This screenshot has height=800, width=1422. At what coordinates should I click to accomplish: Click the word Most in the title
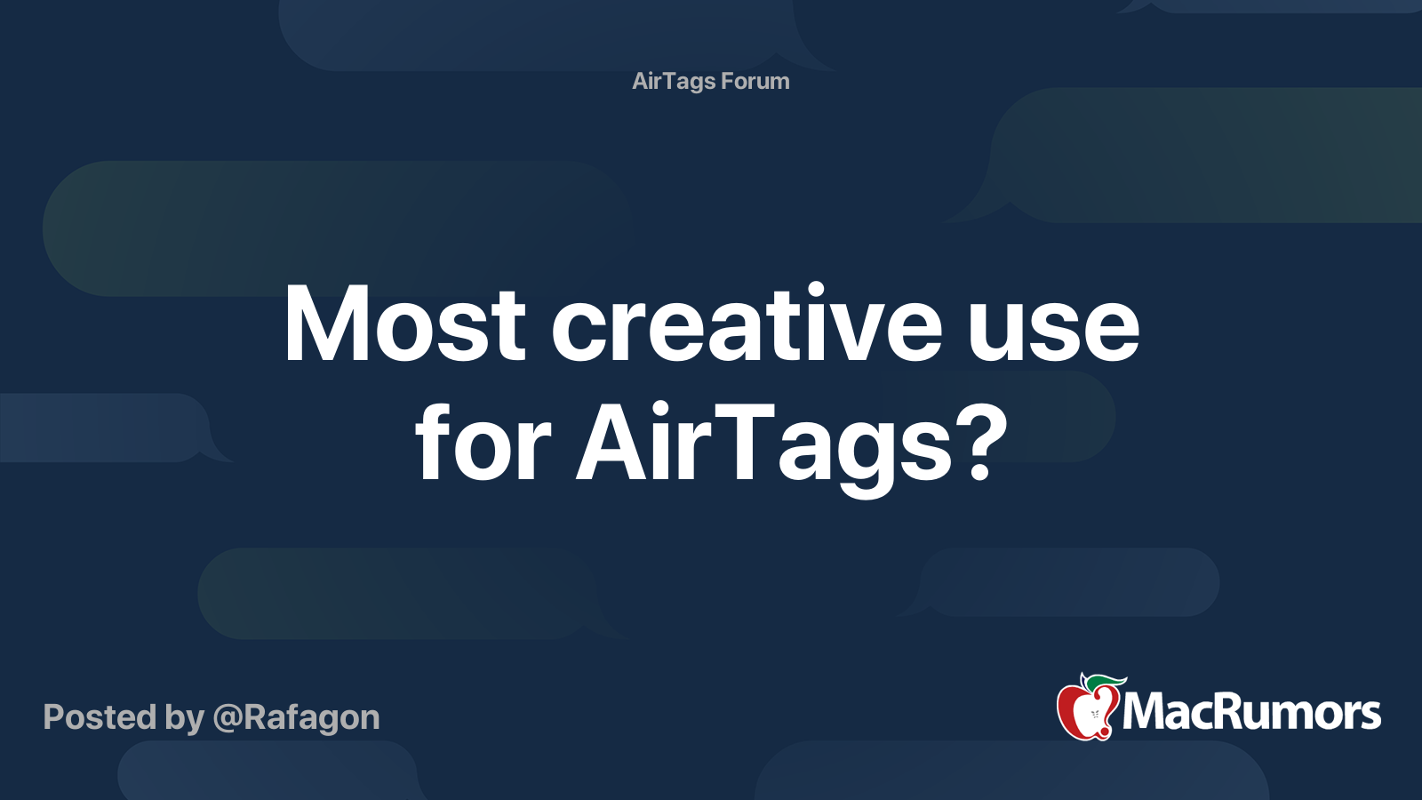coord(405,324)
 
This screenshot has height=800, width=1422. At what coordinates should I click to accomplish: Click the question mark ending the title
coord(983,441)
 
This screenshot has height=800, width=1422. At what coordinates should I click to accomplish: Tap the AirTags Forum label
coord(711,81)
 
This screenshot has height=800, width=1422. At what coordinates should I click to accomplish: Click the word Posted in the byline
coord(100,716)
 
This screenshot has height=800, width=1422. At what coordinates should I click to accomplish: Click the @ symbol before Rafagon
coord(228,719)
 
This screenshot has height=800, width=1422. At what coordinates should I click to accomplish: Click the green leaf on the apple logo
coord(1104,683)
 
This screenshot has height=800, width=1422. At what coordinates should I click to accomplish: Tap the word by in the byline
coord(184,719)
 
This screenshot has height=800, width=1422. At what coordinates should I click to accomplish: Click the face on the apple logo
coord(1095,715)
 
